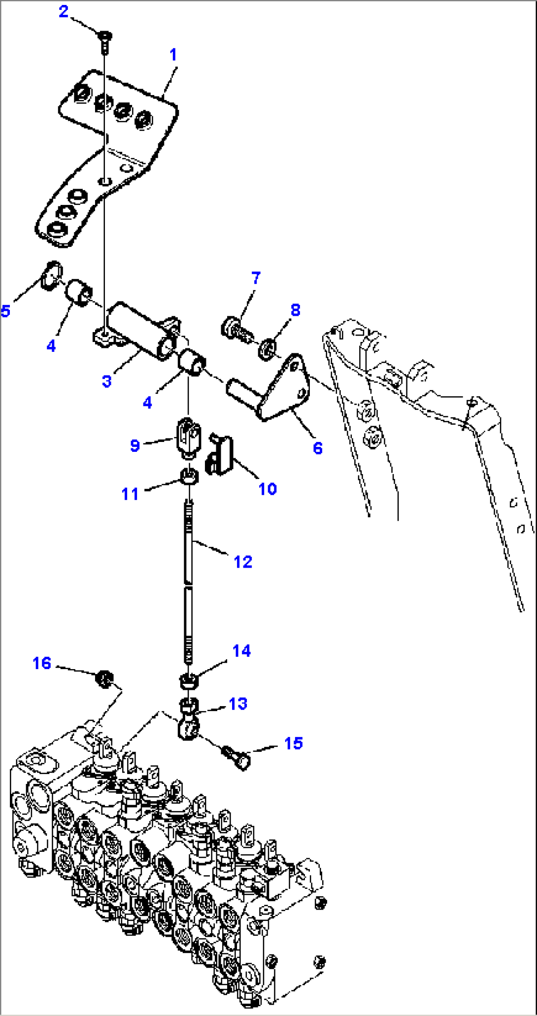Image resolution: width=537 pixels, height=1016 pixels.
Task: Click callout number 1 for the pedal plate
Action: pyautogui.click(x=173, y=55)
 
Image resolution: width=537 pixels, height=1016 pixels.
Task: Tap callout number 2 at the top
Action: pyautogui.click(x=64, y=11)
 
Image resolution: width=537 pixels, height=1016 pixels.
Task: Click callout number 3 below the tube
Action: pyautogui.click(x=107, y=381)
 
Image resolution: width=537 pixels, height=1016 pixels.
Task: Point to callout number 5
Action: pyautogui.click(x=5, y=311)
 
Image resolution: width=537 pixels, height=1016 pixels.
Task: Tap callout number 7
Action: pyautogui.click(x=256, y=278)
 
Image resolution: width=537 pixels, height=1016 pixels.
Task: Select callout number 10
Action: pyautogui.click(x=268, y=489)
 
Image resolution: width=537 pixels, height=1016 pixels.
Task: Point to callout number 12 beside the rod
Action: pyautogui.click(x=243, y=562)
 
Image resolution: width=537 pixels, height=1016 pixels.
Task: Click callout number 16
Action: pyautogui.click(x=42, y=663)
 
